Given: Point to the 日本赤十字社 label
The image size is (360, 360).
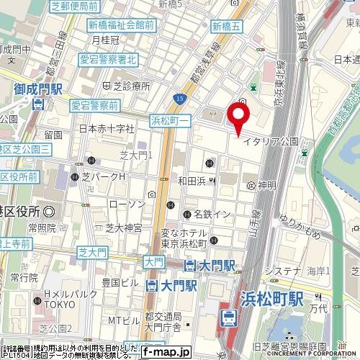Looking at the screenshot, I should (107, 130).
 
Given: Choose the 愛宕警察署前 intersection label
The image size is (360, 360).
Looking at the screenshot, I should (94, 105).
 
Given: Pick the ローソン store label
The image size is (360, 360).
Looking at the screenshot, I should (126, 204).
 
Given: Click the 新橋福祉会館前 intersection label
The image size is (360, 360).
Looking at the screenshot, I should (121, 24).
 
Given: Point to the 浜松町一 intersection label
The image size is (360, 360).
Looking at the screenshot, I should (171, 120).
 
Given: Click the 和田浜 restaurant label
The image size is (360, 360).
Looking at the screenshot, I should (192, 181).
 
